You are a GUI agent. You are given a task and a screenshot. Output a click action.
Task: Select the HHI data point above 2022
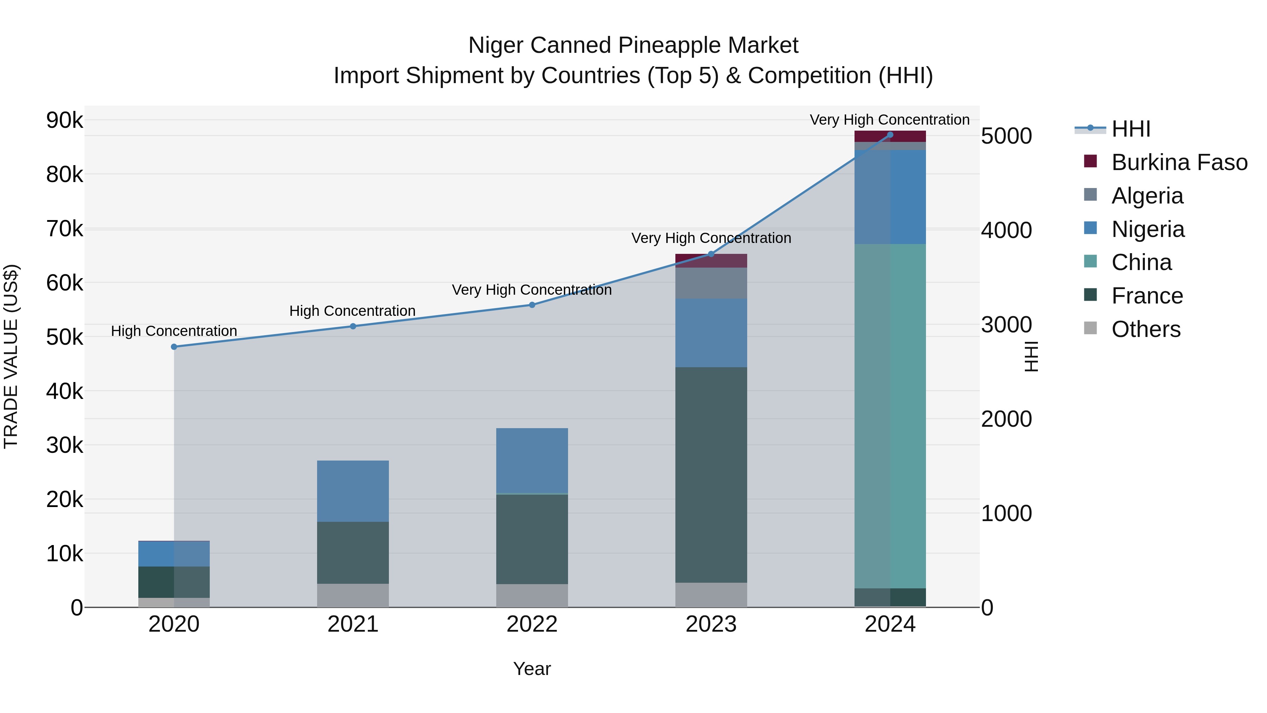(x=532, y=305)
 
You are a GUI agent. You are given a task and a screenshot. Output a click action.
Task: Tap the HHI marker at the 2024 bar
(x=890, y=135)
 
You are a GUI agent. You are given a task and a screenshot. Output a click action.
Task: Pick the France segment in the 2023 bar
(x=711, y=475)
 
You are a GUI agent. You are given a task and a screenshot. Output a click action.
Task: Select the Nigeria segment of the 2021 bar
(x=353, y=491)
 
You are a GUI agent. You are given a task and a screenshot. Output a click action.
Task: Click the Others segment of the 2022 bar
(x=532, y=595)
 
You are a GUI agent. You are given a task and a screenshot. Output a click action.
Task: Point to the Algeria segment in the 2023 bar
(x=711, y=283)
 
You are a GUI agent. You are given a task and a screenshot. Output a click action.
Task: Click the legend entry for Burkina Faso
(x=1179, y=162)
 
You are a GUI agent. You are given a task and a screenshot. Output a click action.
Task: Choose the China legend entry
(x=1141, y=262)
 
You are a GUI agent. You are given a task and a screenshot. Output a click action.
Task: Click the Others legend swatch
(x=1090, y=328)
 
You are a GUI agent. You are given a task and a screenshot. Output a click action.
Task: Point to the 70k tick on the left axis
(x=64, y=229)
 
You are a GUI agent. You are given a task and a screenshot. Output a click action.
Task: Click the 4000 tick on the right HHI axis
(x=1006, y=230)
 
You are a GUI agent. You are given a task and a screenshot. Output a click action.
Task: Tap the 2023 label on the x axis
(x=711, y=624)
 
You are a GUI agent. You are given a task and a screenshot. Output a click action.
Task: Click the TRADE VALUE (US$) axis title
(x=11, y=356)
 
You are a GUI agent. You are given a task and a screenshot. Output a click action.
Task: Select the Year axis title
(x=532, y=669)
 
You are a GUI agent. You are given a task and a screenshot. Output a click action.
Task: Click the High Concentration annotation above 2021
(x=352, y=311)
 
